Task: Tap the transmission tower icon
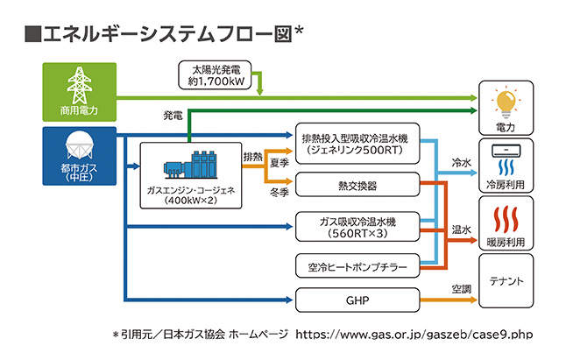[78, 85]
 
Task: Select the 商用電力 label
[78, 112]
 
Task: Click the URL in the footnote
[414, 335]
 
